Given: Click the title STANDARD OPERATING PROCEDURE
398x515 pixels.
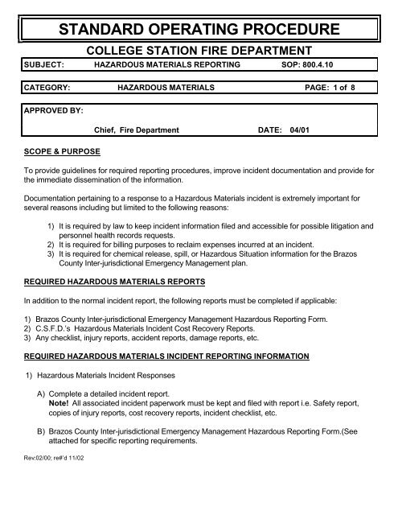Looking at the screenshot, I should (x=199, y=31).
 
